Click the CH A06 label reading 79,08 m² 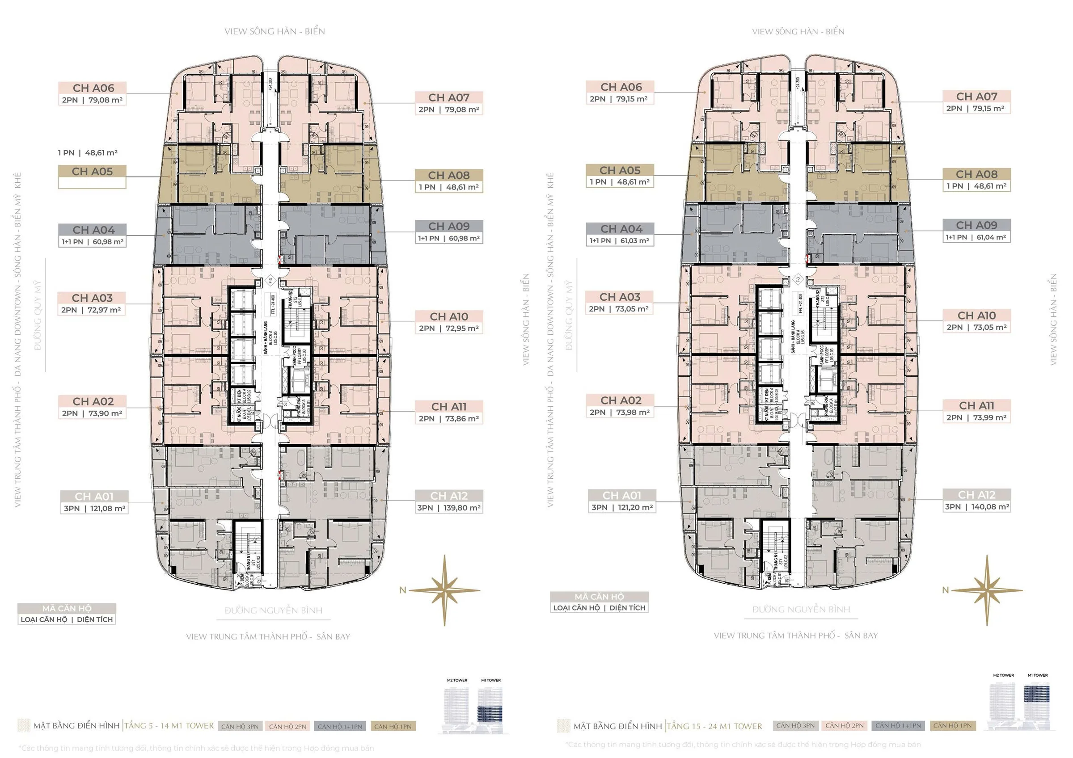point(92,94)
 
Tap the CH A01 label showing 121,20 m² point(621,501)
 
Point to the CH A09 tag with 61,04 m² point(976,231)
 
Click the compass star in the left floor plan point(444,590)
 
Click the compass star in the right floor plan point(987,590)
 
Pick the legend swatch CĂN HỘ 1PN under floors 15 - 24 point(952,725)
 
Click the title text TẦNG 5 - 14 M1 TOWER point(169,726)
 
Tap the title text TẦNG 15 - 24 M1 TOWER point(714,726)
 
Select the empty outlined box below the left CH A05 point(92,184)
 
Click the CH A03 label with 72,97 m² point(92,303)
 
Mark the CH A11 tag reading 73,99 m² point(976,412)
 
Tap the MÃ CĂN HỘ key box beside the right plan point(599,602)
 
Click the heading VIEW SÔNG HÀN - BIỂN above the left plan point(275,31)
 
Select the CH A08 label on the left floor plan point(448,181)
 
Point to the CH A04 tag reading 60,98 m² point(93,236)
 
